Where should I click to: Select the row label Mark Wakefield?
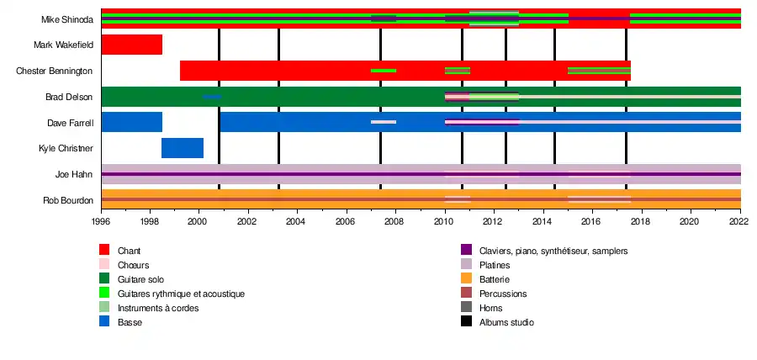click(x=63, y=45)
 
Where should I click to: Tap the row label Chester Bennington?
click(x=55, y=71)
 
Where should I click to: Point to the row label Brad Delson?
click(x=69, y=97)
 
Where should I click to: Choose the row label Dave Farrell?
click(x=69, y=123)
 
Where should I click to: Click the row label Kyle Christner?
click(x=66, y=149)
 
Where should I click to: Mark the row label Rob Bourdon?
click(x=68, y=201)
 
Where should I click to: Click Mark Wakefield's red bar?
click(x=131, y=45)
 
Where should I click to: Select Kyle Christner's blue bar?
click(x=183, y=148)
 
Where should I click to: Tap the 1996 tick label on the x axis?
click(x=101, y=222)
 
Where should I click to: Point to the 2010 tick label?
click(x=445, y=222)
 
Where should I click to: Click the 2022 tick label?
click(x=739, y=222)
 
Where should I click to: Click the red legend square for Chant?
click(x=104, y=251)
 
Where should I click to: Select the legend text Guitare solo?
click(x=140, y=279)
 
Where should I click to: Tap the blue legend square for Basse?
click(x=104, y=322)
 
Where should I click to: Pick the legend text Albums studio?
click(x=506, y=322)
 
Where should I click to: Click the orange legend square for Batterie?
click(x=467, y=279)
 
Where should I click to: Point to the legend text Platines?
click(x=495, y=265)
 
